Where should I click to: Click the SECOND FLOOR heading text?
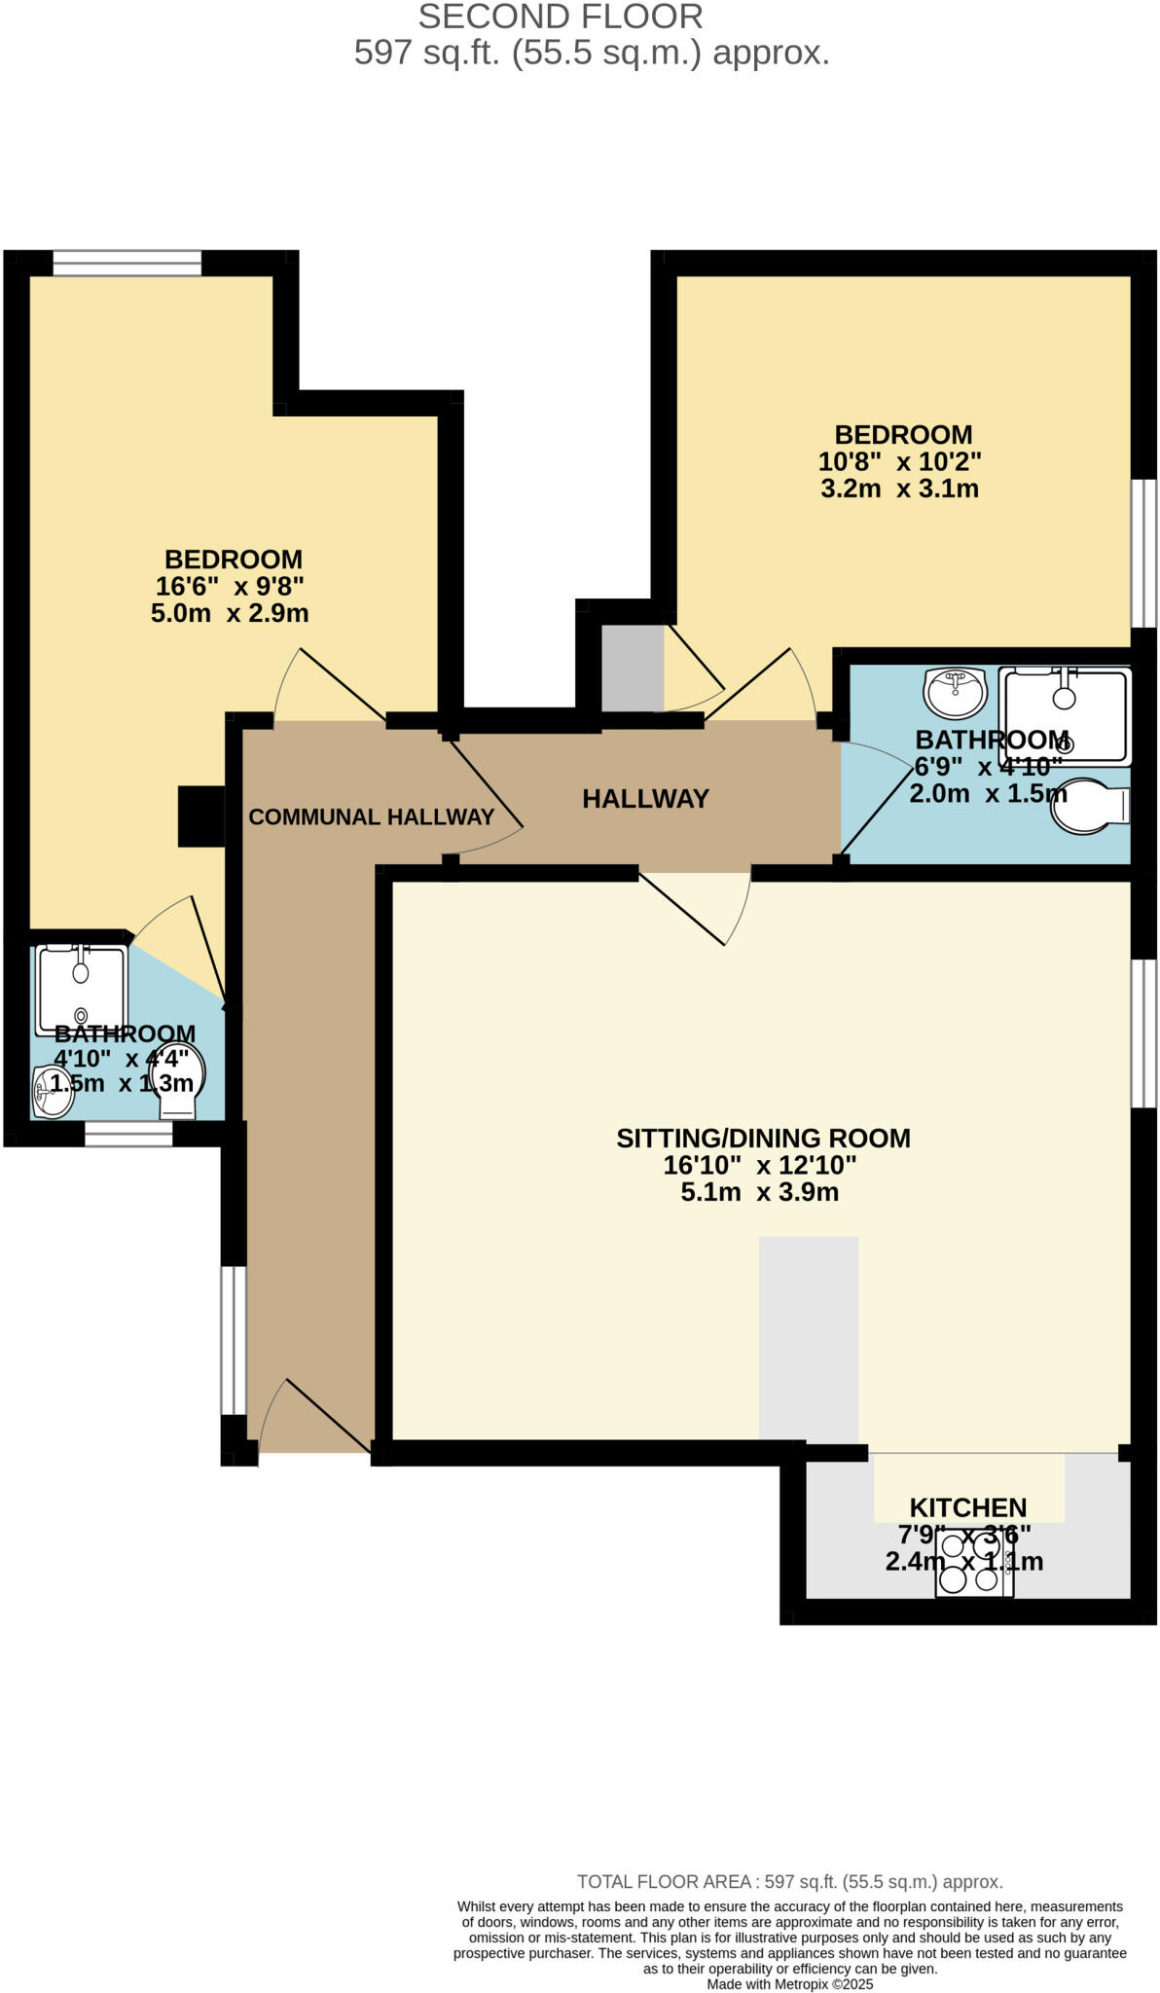click(x=561, y=17)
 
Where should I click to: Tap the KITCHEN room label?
click(x=967, y=1507)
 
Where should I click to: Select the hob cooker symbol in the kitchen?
click(x=974, y=1563)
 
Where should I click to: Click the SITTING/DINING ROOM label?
click(x=763, y=1138)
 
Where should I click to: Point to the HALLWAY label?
click(x=645, y=799)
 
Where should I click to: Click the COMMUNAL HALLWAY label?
click(x=371, y=817)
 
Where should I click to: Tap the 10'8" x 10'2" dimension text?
click(x=900, y=461)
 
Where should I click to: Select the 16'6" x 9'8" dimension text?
click(x=230, y=587)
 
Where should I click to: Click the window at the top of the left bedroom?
click(x=127, y=263)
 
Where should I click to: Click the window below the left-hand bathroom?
click(x=128, y=1135)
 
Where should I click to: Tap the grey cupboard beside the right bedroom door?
click(x=632, y=668)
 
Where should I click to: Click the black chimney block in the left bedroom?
click(x=201, y=815)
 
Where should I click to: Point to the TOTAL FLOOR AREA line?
click(x=789, y=1882)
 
